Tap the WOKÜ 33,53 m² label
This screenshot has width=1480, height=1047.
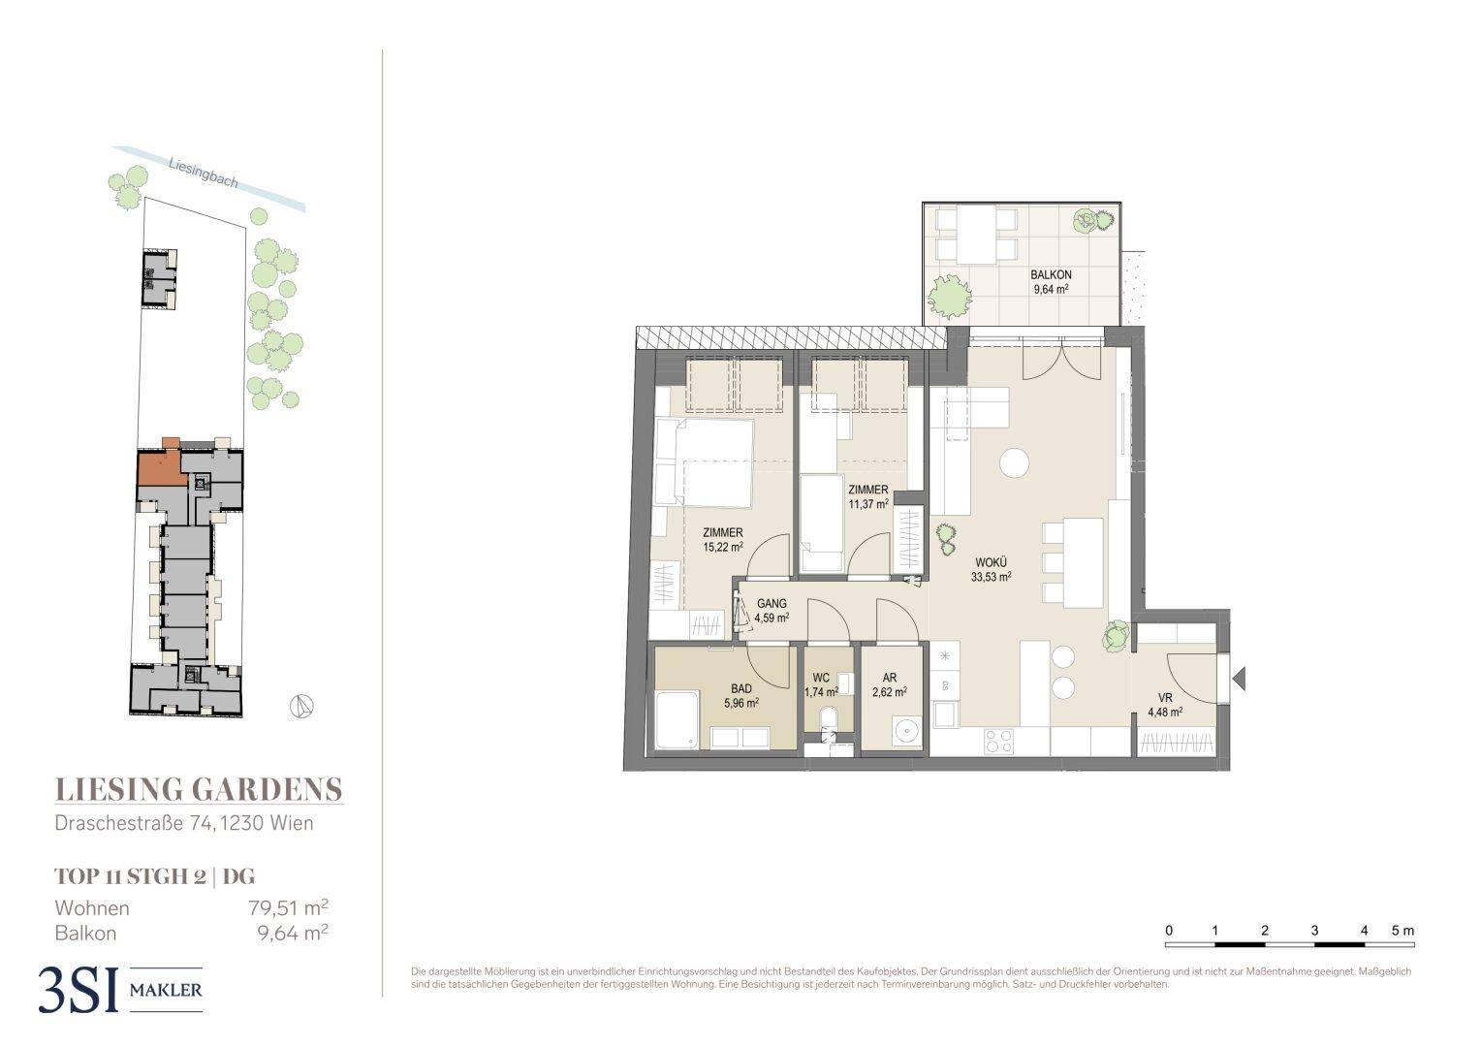coord(992,570)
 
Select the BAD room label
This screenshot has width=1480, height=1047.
coord(741,689)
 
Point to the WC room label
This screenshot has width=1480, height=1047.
coord(821,679)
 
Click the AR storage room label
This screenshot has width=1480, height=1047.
coord(890,678)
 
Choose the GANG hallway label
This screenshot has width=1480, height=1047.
coord(771,603)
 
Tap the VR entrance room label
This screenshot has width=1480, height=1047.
coord(1165,698)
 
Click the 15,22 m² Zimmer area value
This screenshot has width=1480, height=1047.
coord(723,548)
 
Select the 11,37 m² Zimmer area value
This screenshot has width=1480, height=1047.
coord(868,504)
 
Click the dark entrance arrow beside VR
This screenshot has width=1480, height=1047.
coord(1239,679)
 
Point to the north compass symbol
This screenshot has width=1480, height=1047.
coord(301,707)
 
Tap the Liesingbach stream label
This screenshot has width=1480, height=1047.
coord(203,174)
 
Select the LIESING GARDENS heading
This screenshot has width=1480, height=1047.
coord(199,790)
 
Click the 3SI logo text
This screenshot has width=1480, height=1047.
coord(78,990)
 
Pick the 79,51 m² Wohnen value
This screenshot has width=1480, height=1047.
coord(288,907)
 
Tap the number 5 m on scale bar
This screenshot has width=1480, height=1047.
coord(1402,931)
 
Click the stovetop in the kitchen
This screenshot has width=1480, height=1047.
coord(998,741)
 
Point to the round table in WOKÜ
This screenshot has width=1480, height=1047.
coord(1014,462)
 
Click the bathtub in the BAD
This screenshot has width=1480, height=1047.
coord(677,720)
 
